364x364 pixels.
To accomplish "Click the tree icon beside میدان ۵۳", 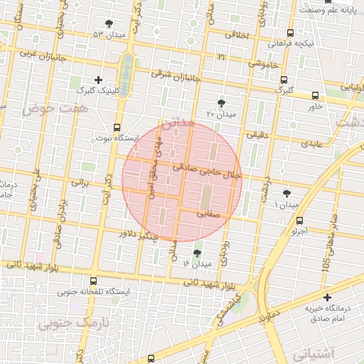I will (109, 23).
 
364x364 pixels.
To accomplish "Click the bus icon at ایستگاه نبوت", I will (117, 127).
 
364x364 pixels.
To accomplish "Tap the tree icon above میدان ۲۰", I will (221, 102).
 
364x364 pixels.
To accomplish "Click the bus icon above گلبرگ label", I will (284, 80).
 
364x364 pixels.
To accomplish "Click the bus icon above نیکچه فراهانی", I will (290, 33).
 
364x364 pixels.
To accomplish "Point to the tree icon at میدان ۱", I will (287, 193).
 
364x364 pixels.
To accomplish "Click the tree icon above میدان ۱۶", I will (197, 252).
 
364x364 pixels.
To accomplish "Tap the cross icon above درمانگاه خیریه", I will (327, 297).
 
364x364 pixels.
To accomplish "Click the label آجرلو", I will (301, 231).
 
